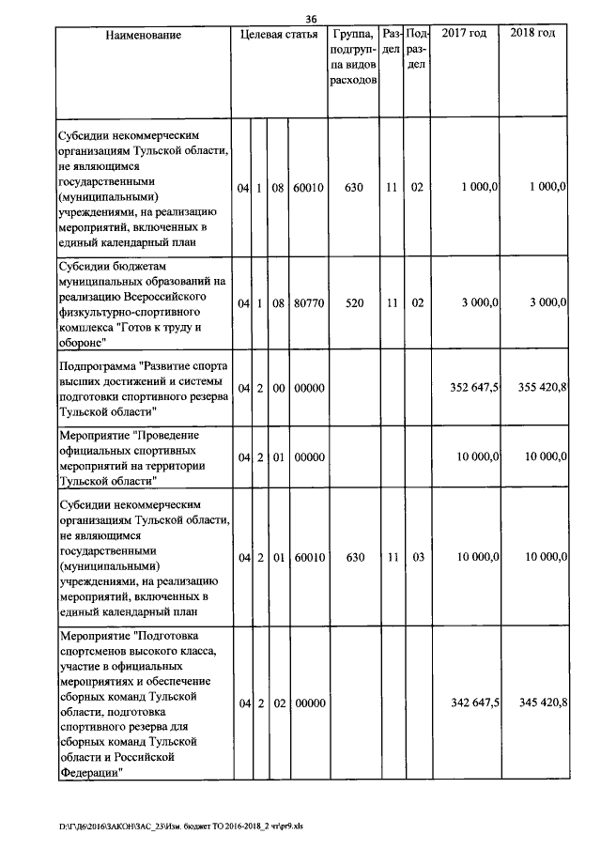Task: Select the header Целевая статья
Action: click(x=279, y=35)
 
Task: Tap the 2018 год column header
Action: click(x=532, y=34)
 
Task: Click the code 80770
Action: click(x=308, y=303)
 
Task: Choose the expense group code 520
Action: click(x=353, y=303)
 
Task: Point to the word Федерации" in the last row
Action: click(x=90, y=771)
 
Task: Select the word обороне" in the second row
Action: click(x=81, y=342)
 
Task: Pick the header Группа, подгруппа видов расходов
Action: click(x=353, y=57)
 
